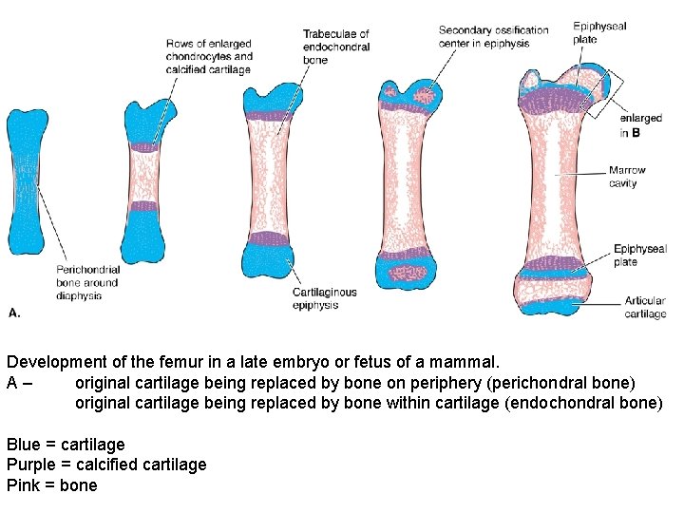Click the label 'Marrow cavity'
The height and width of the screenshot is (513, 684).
point(627,177)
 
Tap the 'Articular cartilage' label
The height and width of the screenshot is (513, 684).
point(645,307)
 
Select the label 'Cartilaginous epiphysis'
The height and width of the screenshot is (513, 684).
point(324,298)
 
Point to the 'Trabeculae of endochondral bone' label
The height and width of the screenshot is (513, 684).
point(335,47)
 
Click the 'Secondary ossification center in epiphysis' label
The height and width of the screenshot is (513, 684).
point(493,36)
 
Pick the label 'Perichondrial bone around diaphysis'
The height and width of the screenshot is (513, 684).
point(86,282)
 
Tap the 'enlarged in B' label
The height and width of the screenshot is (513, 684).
point(639,125)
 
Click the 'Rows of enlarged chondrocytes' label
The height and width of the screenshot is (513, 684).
point(209,56)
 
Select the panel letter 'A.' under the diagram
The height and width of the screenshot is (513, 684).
point(14,312)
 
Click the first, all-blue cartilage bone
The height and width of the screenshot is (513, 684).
point(27,180)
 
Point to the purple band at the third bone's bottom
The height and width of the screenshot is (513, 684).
point(275,238)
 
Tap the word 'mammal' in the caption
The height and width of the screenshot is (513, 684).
point(464,362)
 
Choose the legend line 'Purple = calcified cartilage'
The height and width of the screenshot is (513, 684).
point(106,465)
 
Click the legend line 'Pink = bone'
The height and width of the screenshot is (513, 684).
point(52,485)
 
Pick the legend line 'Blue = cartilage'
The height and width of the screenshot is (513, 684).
point(66,444)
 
